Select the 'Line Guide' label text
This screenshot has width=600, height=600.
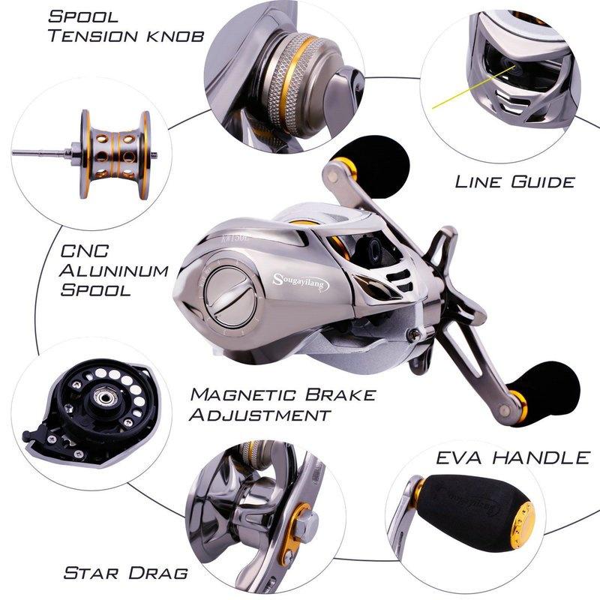[514, 181]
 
